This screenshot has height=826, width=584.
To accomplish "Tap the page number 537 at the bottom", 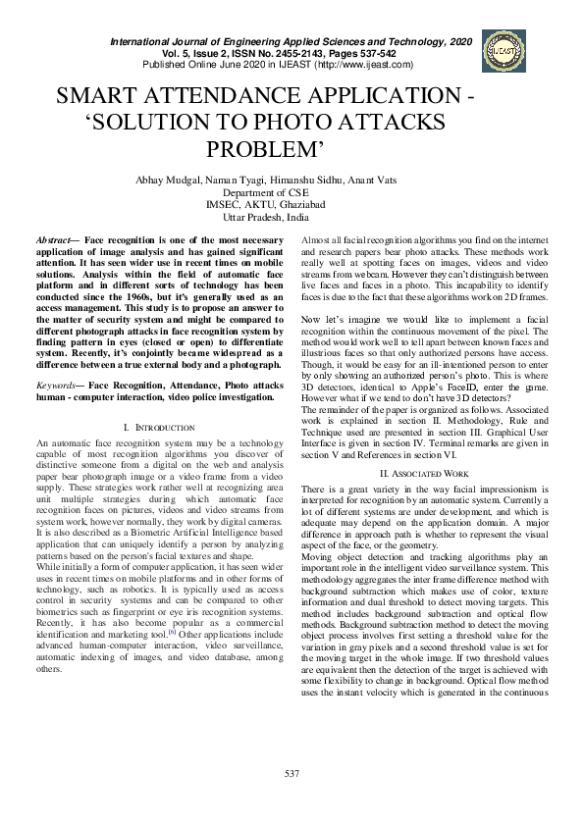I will [x=292, y=775].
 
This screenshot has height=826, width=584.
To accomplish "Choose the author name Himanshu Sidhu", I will [x=321, y=181].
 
